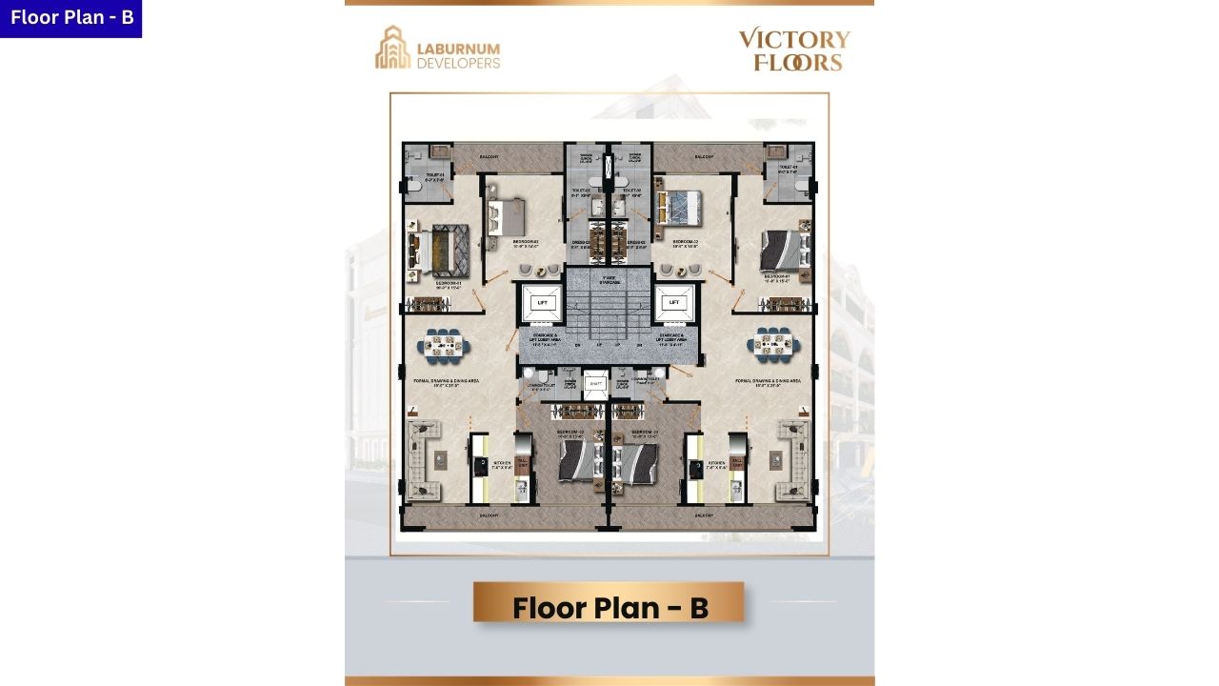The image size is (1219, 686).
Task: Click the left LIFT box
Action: [543, 302]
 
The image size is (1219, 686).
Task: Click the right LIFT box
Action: [674, 302]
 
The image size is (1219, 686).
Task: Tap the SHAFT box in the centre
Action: [595, 383]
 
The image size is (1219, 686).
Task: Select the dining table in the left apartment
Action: [443, 345]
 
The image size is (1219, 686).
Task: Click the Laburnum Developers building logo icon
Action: [391, 48]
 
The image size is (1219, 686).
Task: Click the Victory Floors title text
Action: [794, 50]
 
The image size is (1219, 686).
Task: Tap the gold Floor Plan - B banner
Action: [609, 607]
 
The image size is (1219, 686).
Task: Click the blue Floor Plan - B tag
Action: [70, 18]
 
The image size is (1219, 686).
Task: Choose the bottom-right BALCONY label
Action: [705, 515]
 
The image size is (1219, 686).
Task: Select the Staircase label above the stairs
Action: [609, 280]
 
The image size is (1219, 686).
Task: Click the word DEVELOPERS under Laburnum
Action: [458, 64]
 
